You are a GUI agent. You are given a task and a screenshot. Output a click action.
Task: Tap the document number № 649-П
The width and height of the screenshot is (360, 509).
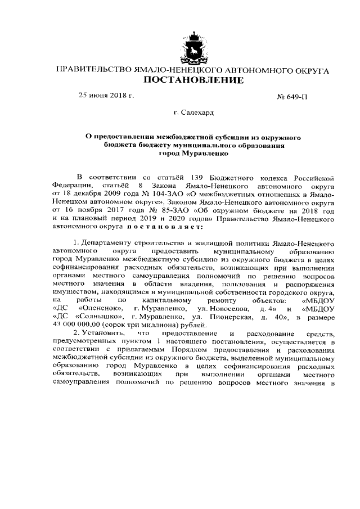[293, 96]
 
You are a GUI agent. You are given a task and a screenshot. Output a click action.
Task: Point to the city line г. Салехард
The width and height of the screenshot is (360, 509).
[194, 113]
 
